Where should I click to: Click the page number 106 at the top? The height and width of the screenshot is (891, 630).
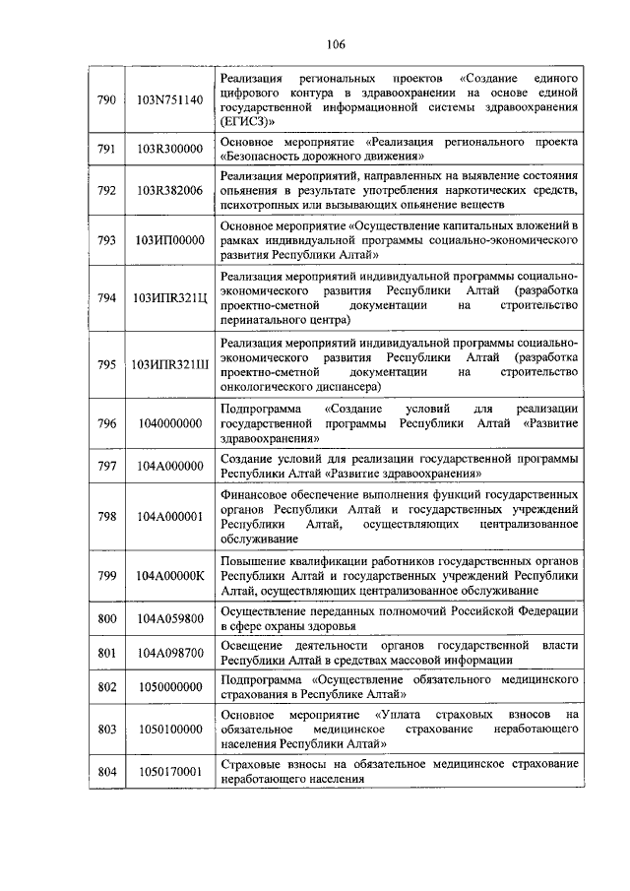pyautogui.click(x=315, y=44)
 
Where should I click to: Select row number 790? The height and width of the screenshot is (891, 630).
pyautogui.click(x=107, y=99)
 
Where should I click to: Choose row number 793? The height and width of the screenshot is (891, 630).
pyautogui.click(x=107, y=239)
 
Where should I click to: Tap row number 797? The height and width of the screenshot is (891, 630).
pyautogui.click(x=107, y=466)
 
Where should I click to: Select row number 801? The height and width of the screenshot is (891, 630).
pyautogui.click(x=107, y=652)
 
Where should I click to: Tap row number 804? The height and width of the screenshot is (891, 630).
pyautogui.click(x=107, y=771)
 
